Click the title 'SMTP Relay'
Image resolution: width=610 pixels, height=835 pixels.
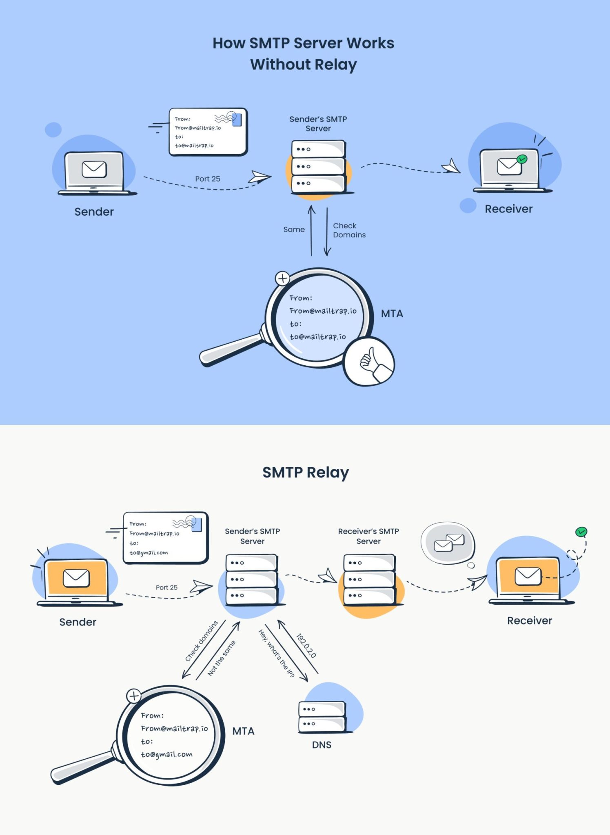(305, 473)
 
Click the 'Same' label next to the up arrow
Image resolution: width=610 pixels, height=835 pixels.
(294, 230)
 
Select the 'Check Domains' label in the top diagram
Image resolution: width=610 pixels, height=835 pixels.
(349, 230)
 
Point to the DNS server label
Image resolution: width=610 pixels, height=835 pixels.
(322, 745)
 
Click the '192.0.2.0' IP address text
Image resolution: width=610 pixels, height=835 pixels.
(306, 645)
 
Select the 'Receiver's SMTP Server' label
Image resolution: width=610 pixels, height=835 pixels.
(368, 536)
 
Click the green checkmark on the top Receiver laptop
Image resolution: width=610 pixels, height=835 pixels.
(521, 159)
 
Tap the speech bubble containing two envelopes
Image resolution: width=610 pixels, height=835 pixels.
(448, 543)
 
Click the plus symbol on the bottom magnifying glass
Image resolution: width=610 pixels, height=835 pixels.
(134, 696)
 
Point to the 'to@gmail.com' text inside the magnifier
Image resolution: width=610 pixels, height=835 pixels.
(166, 755)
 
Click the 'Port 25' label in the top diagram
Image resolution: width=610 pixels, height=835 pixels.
(207, 179)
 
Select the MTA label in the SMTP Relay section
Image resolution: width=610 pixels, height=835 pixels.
(243, 731)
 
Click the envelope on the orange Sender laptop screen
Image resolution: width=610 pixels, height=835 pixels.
(76, 578)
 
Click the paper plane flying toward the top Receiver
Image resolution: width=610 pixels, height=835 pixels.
(451, 166)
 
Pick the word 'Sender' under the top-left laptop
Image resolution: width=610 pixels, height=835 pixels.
(94, 212)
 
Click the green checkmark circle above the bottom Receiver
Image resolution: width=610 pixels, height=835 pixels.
(581, 532)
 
